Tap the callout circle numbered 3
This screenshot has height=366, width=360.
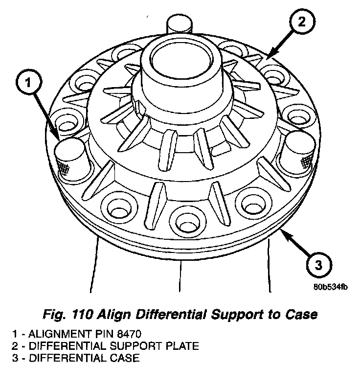point(317,265)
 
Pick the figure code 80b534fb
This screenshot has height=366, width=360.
point(330,287)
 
